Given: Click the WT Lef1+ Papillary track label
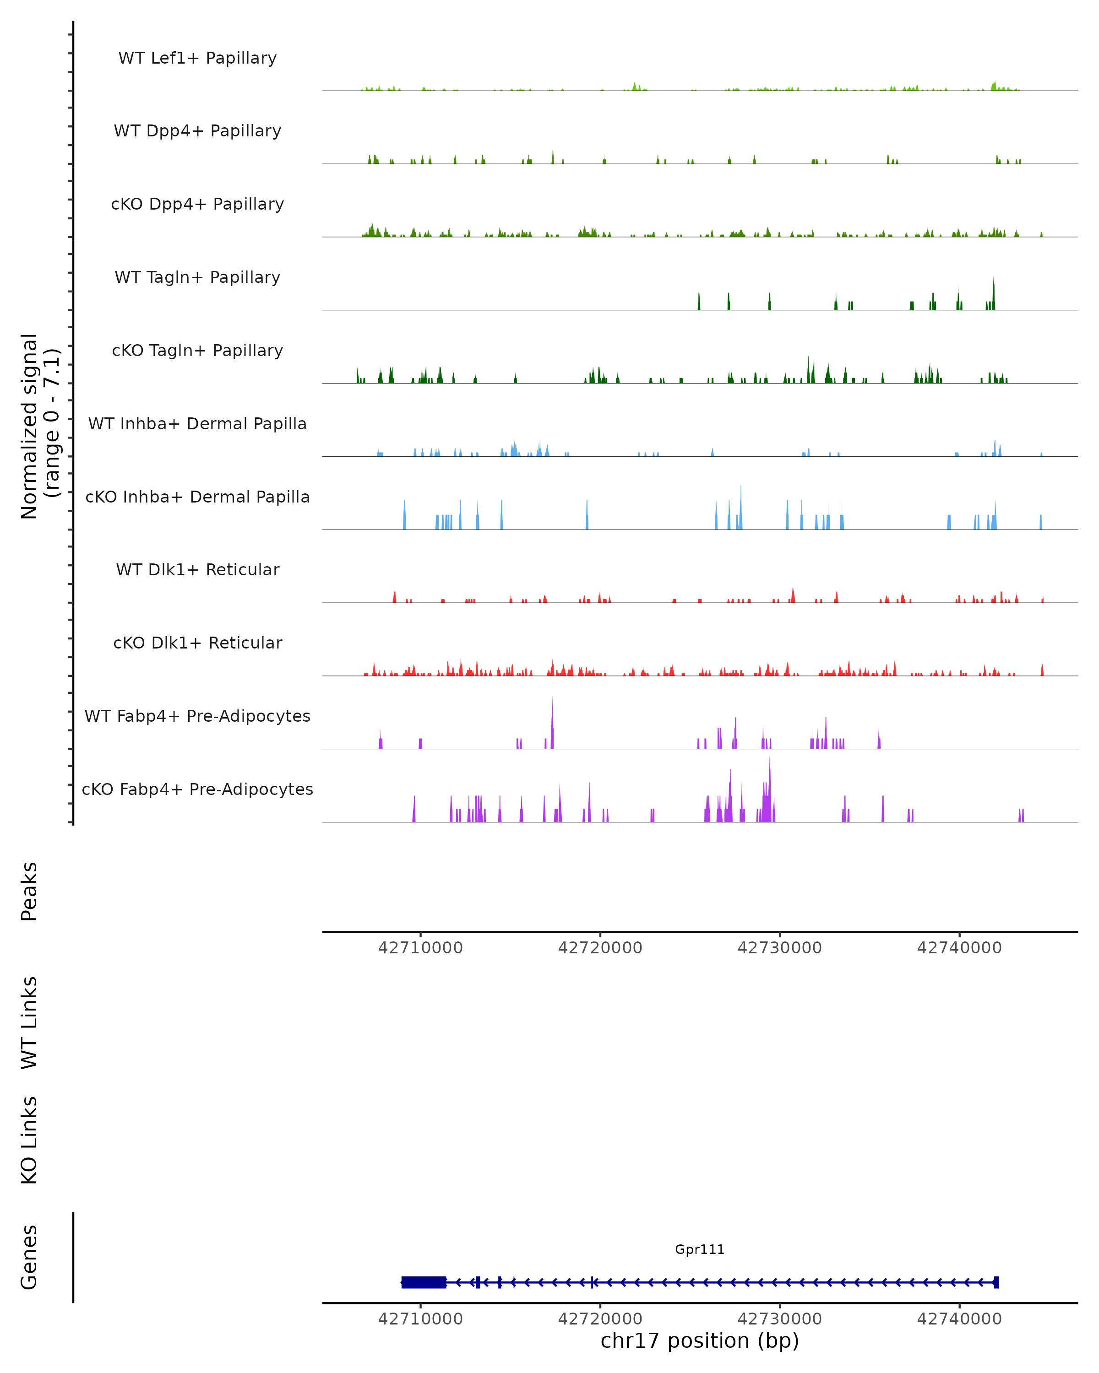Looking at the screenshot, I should (197, 58).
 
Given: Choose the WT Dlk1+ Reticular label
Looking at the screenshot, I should (197, 569).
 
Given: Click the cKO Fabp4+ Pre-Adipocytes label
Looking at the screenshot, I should (197, 789).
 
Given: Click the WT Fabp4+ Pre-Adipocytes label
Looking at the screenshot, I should (197, 716).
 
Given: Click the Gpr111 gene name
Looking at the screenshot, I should (700, 1249).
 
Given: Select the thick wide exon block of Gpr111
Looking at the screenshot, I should (424, 1282).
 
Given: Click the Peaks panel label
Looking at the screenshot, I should (29, 891).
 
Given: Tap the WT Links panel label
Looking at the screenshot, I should (29, 1022).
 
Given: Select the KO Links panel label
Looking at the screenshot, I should (29, 1140).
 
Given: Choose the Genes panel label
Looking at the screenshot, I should (29, 1257).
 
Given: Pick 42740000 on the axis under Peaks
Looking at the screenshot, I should (959, 948).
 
